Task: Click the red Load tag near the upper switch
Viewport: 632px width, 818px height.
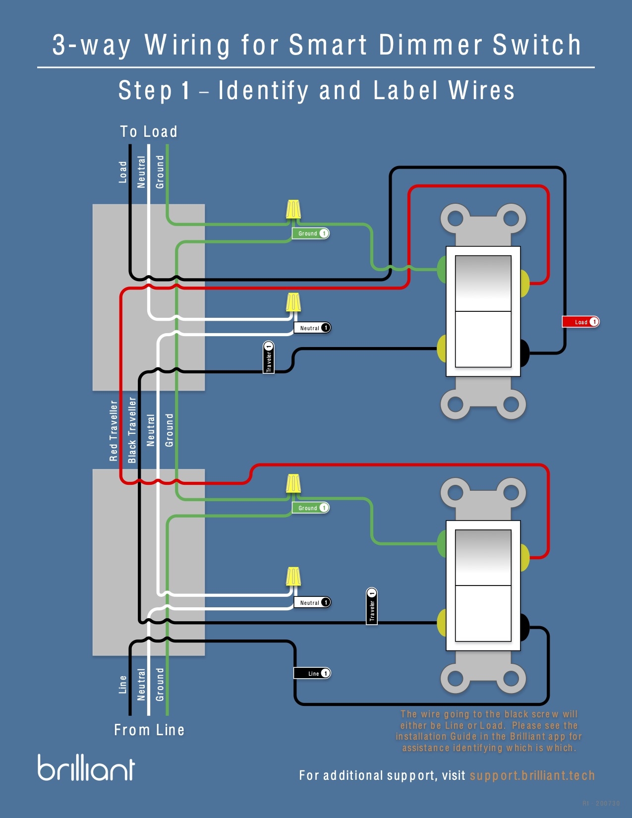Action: coord(580,322)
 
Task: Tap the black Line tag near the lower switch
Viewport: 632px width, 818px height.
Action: coord(312,673)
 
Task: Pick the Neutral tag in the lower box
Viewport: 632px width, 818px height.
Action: coord(312,602)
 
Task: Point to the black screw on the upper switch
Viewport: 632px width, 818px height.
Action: coord(523,353)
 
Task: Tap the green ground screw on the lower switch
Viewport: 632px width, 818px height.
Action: coord(442,543)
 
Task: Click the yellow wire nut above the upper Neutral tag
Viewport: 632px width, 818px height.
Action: coord(293,302)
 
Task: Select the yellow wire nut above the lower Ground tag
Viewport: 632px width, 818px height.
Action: coord(293,483)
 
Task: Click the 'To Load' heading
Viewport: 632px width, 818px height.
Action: coord(149,131)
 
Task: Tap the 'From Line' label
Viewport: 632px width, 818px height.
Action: coord(149,730)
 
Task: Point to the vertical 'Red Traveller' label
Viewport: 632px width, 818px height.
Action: coord(114,431)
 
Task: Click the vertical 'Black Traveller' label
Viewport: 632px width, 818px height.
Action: coord(132,430)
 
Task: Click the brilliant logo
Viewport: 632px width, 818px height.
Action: coord(86,768)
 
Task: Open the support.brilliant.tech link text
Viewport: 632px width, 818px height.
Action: coord(532,775)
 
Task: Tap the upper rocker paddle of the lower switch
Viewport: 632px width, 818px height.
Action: coord(483,557)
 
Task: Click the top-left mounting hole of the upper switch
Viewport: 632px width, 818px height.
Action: coord(455,218)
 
